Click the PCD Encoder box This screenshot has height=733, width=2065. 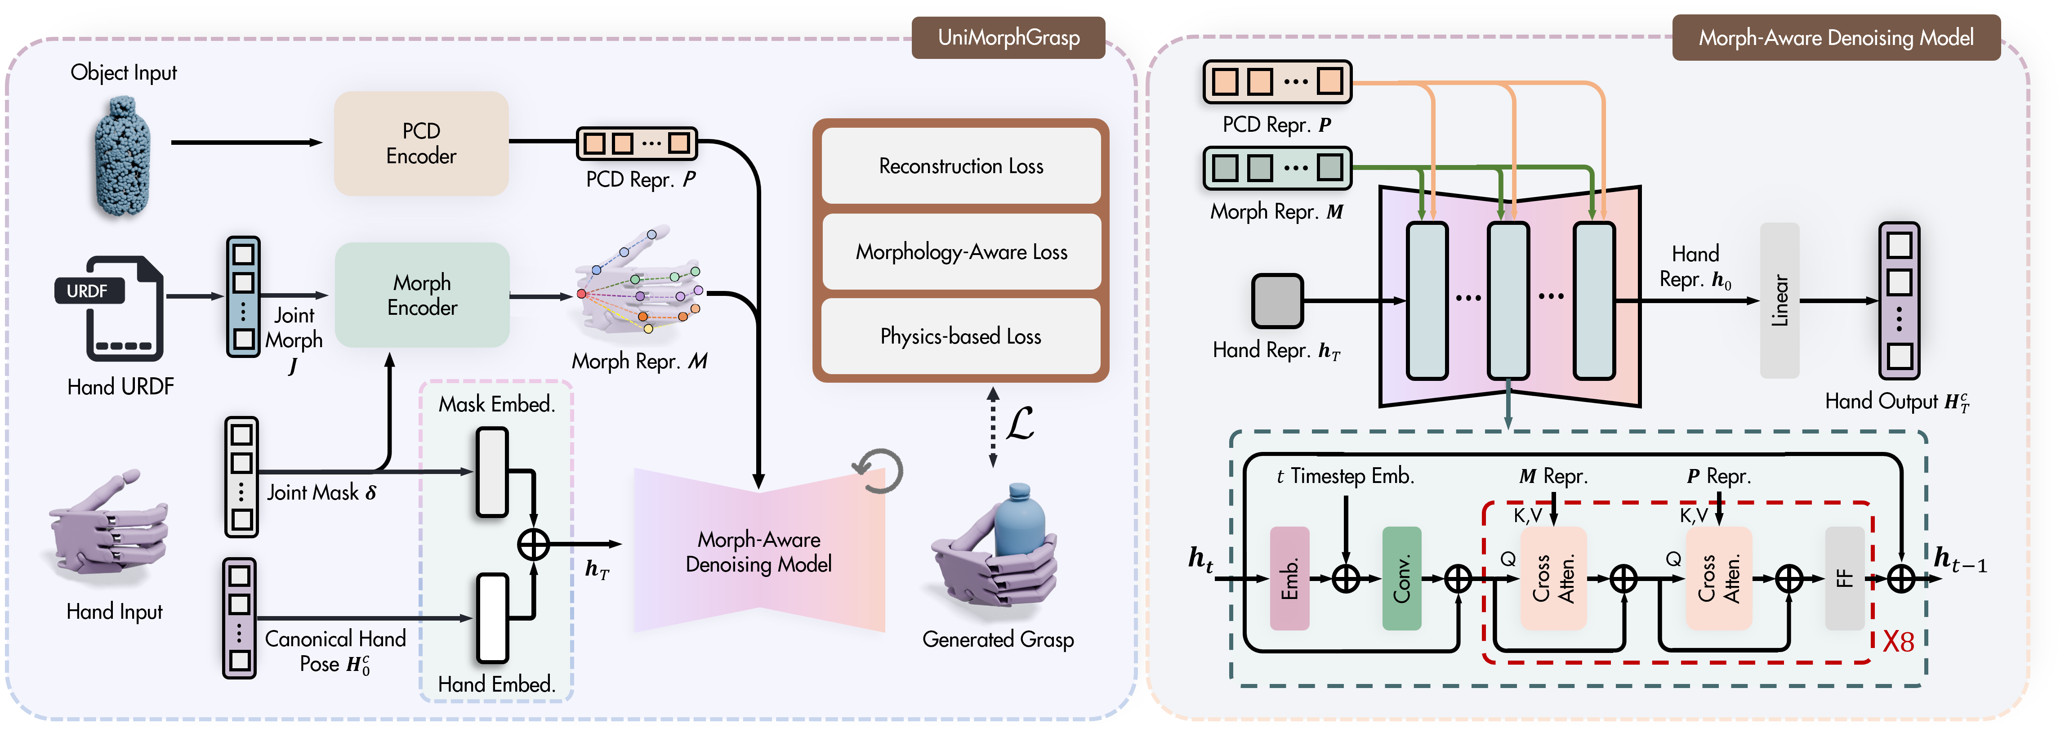pyautogui.click(x=421, y=143)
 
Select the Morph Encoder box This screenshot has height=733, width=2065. pyautogui.click(x=422, y=295)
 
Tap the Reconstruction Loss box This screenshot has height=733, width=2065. pyautogui.click(x=960, y=166)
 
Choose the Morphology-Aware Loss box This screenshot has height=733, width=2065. pyautogui.click(x=960, y=252)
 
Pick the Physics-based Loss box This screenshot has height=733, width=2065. pyautogui.click(x=960, y=336)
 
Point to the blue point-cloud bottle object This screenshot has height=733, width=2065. pyautogui.click(x=122, y=156)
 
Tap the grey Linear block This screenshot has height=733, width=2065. pyautogui.click(x=1779, y=301)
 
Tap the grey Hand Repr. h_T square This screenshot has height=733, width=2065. pyautogui.click(x=1277, y=301)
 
